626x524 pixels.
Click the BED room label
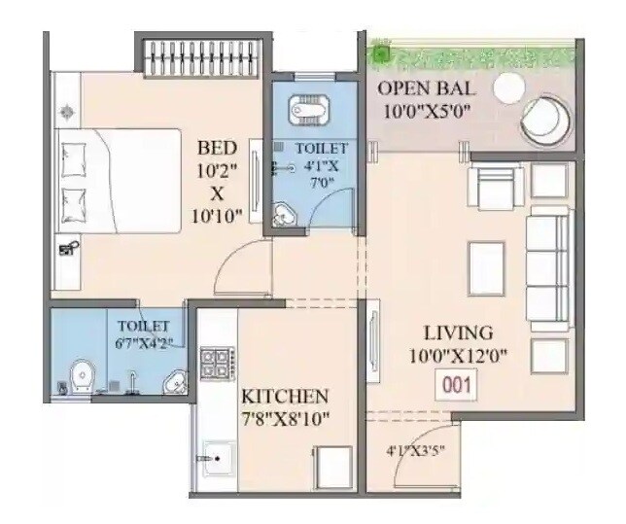pyautogui.click(x=217, y=149)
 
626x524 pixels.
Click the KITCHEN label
pyautogui.click(x=285, y=397)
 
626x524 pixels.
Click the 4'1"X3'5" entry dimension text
pyautogui.click(x=414, y=450)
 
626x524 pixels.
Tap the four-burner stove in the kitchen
pyautogui.click(x=214, y=361)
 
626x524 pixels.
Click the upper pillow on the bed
pyautogui.click(x=76, y=154)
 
